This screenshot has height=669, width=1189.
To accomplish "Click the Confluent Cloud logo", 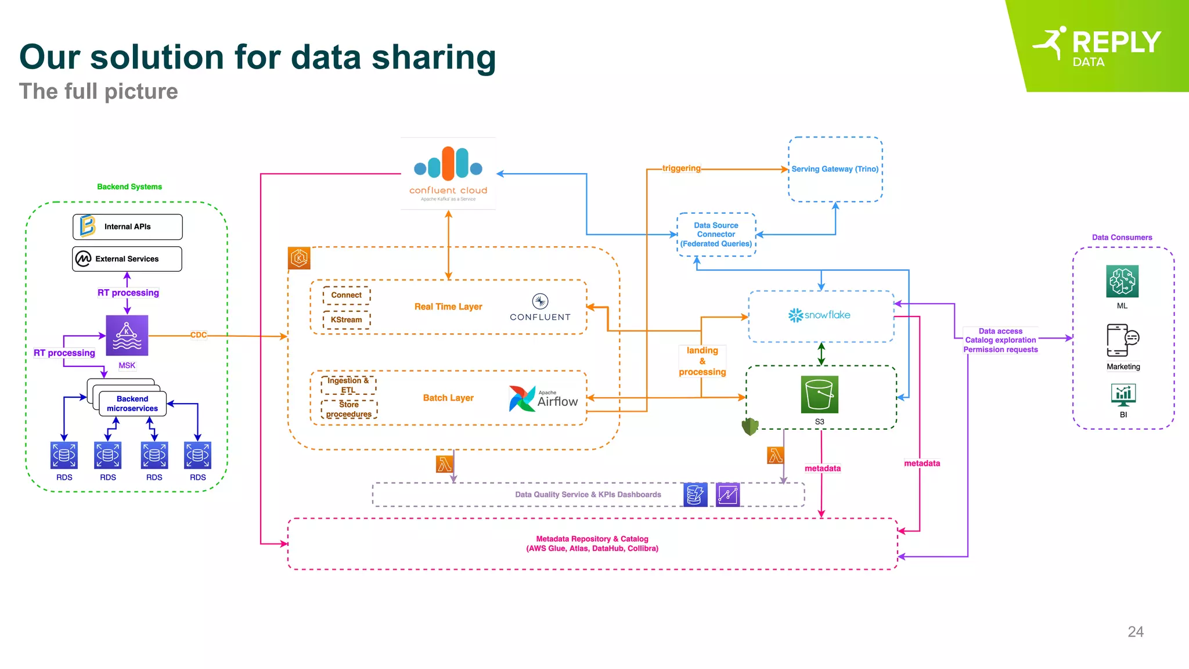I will coord(448,173).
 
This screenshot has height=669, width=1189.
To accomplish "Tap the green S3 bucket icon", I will coord(819,394).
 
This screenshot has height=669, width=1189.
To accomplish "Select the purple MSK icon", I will coord(127,335).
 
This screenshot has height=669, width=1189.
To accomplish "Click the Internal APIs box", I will coord(128,226).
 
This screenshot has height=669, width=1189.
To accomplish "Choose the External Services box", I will coord(127,259).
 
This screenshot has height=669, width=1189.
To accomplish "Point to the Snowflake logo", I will coord(819,315).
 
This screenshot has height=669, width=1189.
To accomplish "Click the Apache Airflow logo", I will coord(543,398).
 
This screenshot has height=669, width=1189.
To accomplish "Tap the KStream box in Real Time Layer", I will coord(347,320).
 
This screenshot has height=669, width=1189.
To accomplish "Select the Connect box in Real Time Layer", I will coord(347,295).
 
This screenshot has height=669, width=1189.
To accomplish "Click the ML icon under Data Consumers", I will coord(1122,282).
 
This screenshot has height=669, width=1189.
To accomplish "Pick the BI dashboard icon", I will coord(1123,395).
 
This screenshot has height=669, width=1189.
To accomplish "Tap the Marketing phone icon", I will coord(1122,340).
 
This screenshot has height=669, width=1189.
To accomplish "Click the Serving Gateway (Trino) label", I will coord(835,169).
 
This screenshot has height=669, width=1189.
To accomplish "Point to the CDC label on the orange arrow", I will coord(199,334).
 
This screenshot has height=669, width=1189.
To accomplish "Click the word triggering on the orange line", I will coord(682,168).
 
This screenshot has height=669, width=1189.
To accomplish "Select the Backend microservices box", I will coord(132,404).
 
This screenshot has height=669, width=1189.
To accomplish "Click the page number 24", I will coord(1135,632).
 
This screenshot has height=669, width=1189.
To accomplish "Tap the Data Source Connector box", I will coord(716,235).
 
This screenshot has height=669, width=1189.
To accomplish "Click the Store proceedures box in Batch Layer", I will coord(349,409).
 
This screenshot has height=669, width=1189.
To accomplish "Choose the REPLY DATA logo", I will coord(1103,46).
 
